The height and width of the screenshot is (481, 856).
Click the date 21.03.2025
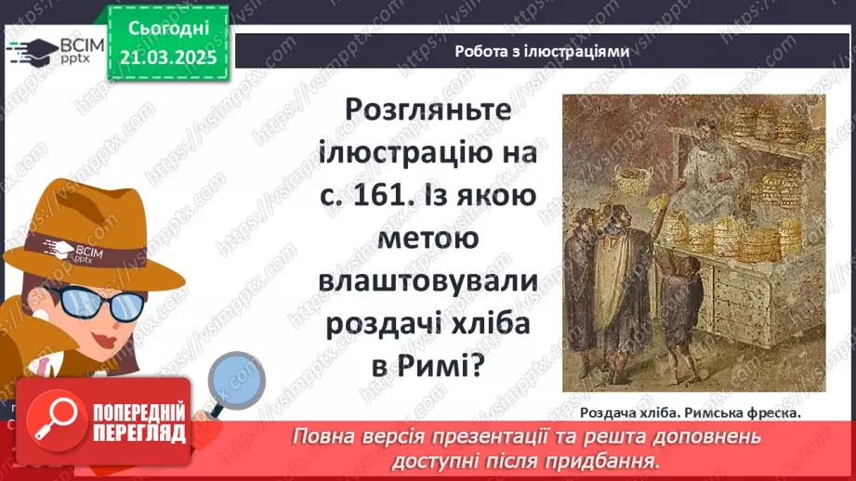tap(167, 57)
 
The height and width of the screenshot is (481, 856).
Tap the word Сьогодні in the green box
tap(167, 29)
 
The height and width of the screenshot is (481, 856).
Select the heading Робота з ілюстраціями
tap(542, 52)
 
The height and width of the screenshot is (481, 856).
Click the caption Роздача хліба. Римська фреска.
tap(689, 413)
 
